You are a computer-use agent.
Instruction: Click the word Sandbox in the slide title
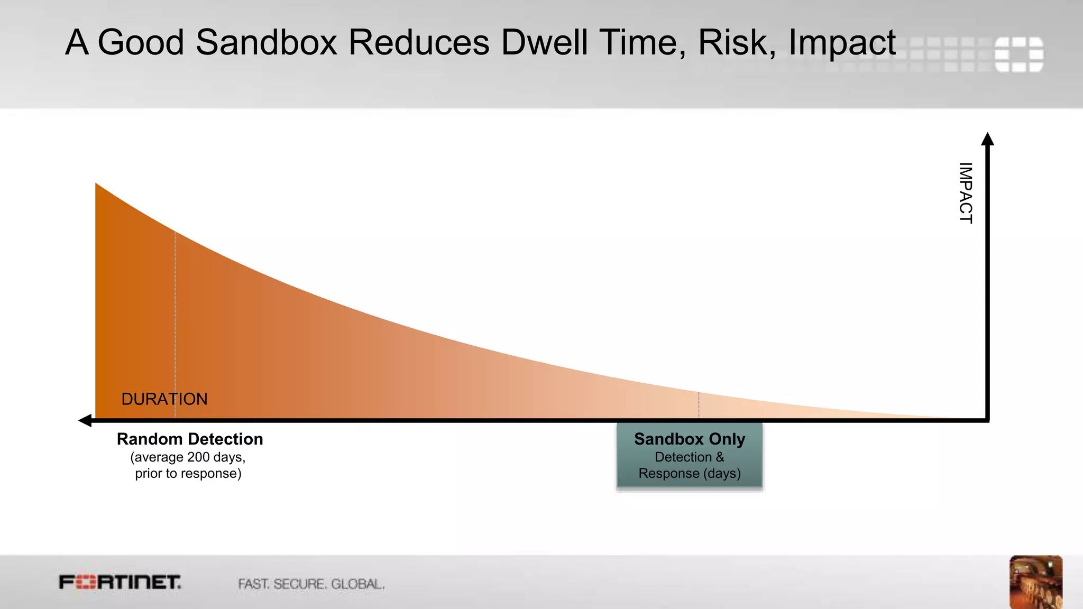click(266, 42)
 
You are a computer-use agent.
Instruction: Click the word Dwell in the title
click(544, 42)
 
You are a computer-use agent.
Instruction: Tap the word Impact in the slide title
click(841, 42)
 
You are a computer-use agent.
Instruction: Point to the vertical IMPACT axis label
click(966, 193)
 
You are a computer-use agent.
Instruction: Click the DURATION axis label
click(164, 399)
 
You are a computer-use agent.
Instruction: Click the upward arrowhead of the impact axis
click(987, 139)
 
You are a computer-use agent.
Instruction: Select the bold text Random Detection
click(190, 439)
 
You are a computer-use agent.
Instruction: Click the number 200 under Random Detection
click(198, 457)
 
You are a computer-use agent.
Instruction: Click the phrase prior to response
click(188, 474)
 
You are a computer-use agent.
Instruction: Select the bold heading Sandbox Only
click(690, 439)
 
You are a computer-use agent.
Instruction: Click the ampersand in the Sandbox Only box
click(720, 457)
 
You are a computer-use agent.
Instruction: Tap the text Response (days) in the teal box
click(690, 474)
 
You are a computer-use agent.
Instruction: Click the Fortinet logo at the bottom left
click(120, 583)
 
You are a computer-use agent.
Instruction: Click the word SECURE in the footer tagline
click(299, 584)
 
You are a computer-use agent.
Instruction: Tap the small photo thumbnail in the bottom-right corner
click(1035, 582)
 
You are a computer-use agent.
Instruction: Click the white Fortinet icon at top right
click(1018, 54)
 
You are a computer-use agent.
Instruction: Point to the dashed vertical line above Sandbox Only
click(699, 405)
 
